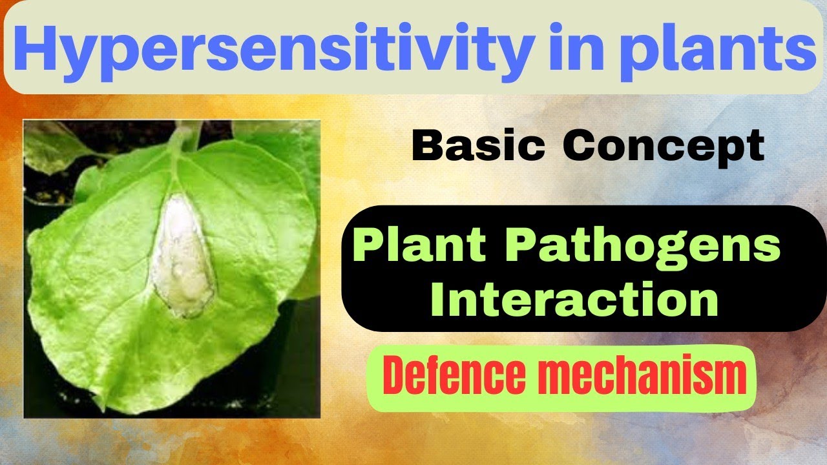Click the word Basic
[x=479, y=147]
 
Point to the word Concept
[x=664, y=147]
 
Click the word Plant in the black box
[x=419, y=247]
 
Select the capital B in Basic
[x=427, y=147]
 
